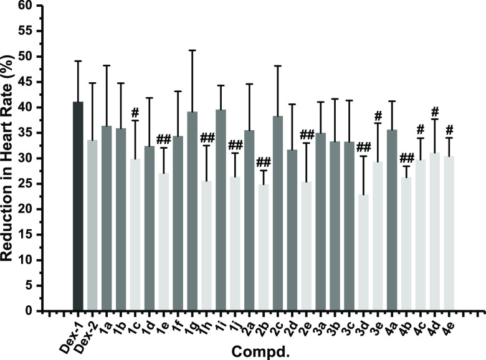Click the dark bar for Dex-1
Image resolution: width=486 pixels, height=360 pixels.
click(78, 206)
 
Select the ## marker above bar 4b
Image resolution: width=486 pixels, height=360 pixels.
click(407, 157)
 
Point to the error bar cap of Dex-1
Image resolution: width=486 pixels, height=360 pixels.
click(78, 60)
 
